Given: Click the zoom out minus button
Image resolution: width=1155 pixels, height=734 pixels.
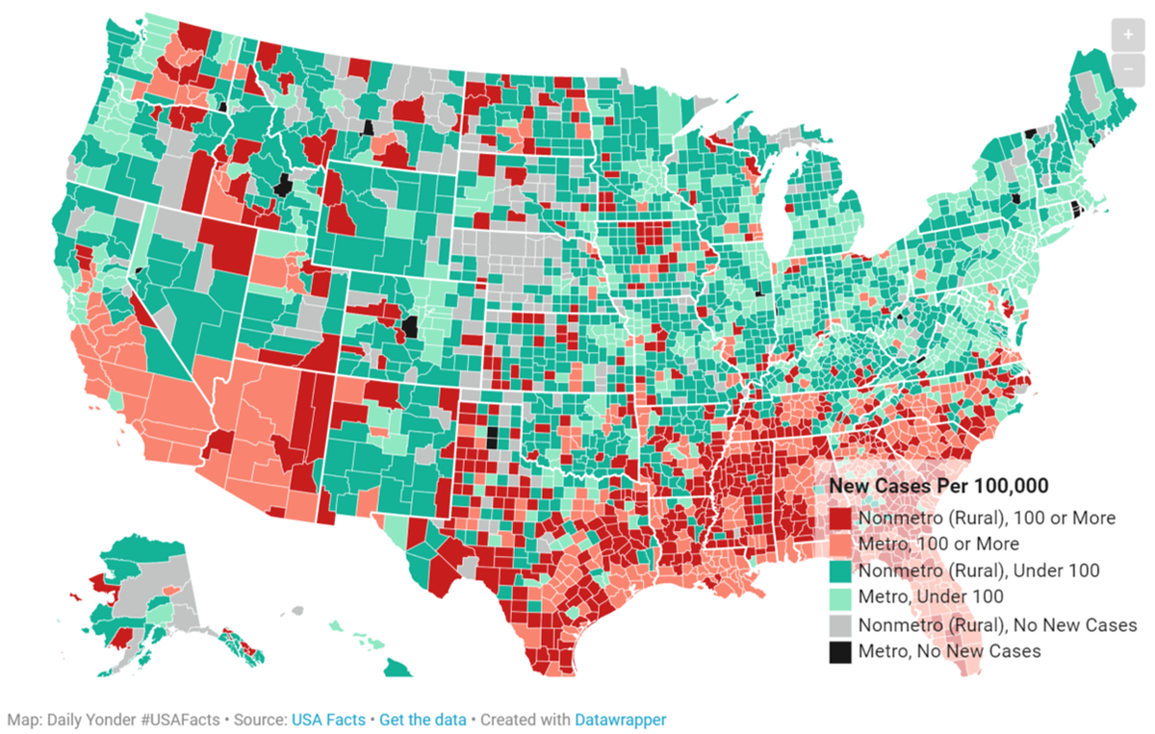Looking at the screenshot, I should pyautogui.click(x=1126, y=68).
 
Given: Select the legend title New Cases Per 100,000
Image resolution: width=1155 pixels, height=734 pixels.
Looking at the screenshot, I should pyautogui.click(x=938, y=486).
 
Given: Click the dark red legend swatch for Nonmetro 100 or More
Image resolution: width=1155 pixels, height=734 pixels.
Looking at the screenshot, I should pyautogui.click(x=841, y=518).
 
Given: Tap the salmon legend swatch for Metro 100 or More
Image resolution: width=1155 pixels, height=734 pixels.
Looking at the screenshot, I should pyautogui.click(x=841, y=544).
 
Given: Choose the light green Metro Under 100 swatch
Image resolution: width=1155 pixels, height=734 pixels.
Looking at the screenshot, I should pyautogui.click(x=841, y=597).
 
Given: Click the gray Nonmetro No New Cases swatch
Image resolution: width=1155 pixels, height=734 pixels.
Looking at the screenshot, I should pyautogui.click(x=841, y=624).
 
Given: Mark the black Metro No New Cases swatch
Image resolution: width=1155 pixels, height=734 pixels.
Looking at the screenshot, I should pyautogui.click(x=841, y=651).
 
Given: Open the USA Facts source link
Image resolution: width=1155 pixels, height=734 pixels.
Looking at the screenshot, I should pyautogui.click(x=328, y=720).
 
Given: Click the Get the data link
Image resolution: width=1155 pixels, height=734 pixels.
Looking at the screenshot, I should pyautogui.click(x=423, y=720).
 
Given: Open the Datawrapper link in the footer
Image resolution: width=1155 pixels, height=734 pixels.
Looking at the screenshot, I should pyautogui.click(x=620, y=720).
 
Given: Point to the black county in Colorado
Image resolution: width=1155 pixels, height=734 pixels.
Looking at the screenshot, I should pyautogui.click(x=412, y=327).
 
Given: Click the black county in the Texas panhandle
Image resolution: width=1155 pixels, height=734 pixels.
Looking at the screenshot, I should pyautogui.click(x=493, y=438).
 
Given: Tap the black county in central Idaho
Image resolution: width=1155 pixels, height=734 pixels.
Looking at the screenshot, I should pyautogui.click(x=282, y=185).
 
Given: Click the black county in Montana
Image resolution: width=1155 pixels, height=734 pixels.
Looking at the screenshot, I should pyautogui.click(x=368, y=127).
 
